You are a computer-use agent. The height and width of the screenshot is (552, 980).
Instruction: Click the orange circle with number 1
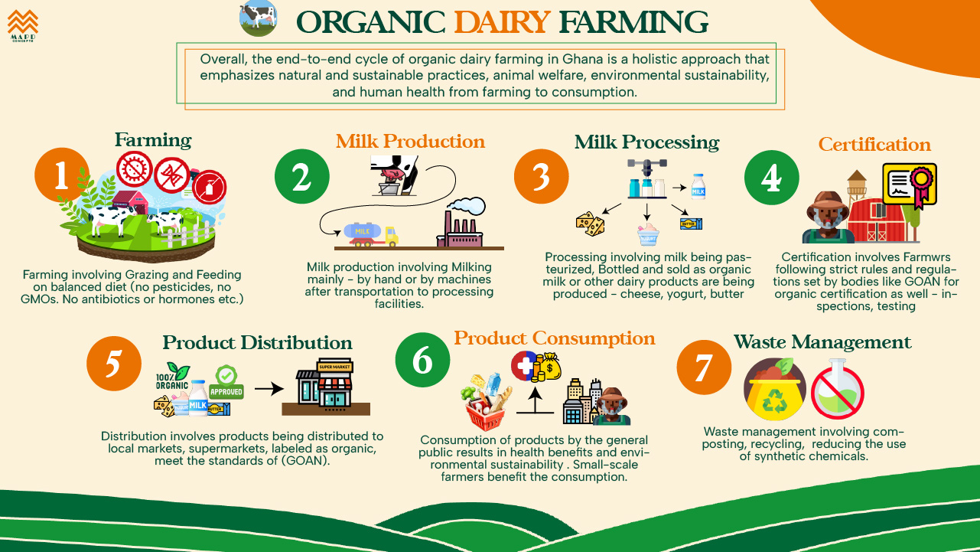(x=62, y=175)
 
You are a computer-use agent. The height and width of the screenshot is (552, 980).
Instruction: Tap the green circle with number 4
(x=772, y=178)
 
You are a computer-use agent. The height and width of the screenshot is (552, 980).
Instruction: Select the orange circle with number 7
(x=704, y=367)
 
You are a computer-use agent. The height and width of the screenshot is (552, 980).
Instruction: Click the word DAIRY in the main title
(x=502, y=22)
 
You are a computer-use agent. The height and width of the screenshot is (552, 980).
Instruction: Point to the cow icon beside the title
(x=258, y=18)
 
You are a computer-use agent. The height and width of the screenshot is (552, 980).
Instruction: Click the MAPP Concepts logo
(x=23, y=26)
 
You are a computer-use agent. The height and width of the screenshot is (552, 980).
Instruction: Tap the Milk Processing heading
(x=646, y=142)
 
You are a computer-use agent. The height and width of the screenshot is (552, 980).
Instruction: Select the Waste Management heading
(x=822, y=342)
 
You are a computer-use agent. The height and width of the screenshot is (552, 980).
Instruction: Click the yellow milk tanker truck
(x=371, y=235)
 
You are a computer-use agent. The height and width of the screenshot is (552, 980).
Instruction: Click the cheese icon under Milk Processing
(x=590, y=224)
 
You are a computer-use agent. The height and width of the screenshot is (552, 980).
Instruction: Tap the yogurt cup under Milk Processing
(x=648, y=234)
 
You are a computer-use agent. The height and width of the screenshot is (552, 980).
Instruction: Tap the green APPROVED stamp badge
(x=226, y=382)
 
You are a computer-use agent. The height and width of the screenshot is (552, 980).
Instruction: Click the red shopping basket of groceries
(x=486, y=402)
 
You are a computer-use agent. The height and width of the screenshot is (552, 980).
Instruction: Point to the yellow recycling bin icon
(x=775, y=389)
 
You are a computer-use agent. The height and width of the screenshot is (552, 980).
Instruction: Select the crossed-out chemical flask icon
(x=838, y=389)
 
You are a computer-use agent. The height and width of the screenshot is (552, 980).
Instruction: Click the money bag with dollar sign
(x=549, y=367)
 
